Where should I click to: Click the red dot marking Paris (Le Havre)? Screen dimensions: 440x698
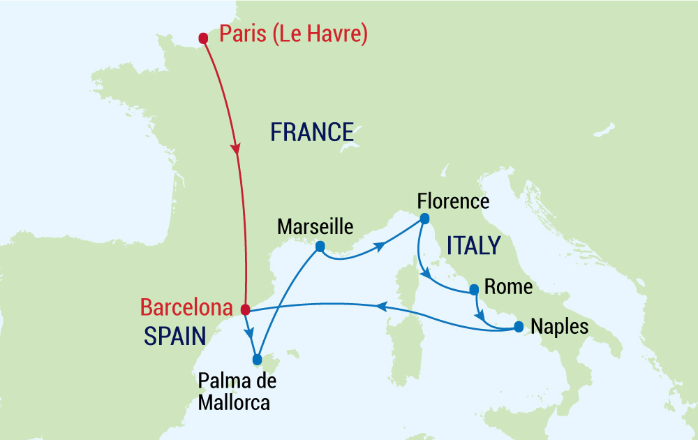click(x=203, y=38)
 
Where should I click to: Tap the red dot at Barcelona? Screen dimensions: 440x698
click(x=245, y=309)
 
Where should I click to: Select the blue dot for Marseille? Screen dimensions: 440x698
click(x=320, y=247)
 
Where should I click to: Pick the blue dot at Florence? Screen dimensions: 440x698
click(x=424, y=219)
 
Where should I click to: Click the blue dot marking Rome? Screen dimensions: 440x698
click(x=474, y=288)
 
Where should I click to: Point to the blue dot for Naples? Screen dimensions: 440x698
click(x=519, y=326)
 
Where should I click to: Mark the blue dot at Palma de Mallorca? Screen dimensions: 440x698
click(x=257, y=360)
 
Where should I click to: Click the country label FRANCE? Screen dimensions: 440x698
click(x=312, y=131)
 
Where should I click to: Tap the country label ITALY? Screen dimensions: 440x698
click(x=473, y=246)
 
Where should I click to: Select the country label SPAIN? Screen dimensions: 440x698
click(x=174, y=337)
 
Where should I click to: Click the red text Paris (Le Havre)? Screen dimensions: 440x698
click(x=293, y=34)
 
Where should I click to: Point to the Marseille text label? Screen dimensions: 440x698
click(x=315, y=226)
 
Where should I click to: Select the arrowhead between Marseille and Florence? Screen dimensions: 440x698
click(x=380, y=246)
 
